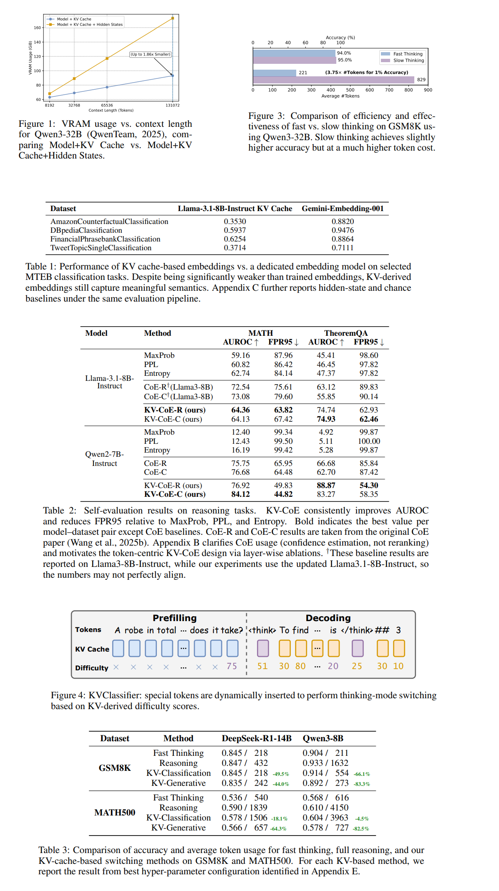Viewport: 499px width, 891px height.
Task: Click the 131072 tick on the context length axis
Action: tap(172, 105)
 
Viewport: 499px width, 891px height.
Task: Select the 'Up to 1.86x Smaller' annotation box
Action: tap(150, 54)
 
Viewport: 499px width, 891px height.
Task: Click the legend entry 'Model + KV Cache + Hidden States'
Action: tap(90, 25)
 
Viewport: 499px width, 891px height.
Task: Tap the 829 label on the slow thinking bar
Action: tap(421, 80)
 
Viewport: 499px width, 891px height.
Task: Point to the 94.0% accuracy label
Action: tap(344, 53)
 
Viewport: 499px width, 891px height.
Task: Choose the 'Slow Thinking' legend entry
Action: tap(408, 60)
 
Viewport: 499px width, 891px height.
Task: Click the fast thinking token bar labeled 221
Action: tap(275, 73)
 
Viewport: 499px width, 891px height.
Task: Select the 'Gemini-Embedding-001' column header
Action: tap(343, 209)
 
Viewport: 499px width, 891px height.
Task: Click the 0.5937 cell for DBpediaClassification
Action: tap(234, 230)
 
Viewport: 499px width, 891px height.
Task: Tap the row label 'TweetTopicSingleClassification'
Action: tap(101, 248)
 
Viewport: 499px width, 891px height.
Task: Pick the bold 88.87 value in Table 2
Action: tap(326, 485)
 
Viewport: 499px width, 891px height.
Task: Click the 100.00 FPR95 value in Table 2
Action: tap(369, 441)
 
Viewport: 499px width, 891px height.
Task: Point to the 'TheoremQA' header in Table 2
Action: tap(346, 333)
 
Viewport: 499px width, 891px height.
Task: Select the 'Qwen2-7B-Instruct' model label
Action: tap(105, 458)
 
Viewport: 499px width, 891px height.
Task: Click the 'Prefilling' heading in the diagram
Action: tap(174, 618)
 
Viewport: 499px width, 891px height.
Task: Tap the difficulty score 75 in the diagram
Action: tap(232, 666)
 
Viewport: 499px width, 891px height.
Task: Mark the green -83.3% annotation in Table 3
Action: tap(362, 784)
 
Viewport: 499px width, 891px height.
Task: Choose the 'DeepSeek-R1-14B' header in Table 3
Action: tap(257, 738)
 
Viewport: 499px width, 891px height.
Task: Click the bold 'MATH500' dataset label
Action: tap(115, 813)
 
